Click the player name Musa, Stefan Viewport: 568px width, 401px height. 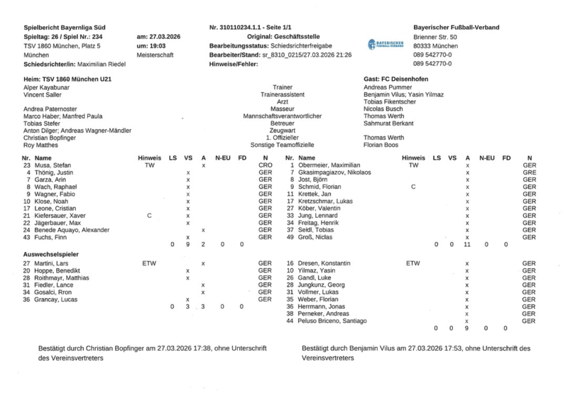tap(52, 165)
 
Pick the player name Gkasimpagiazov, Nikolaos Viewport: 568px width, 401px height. tap(334, 172)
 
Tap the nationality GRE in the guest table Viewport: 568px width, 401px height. tap(529, 172)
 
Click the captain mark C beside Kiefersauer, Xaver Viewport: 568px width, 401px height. tap(148, 215)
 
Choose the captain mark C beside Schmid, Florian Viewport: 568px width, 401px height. tap(413, 187)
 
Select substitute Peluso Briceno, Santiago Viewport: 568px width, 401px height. tap(333, 321)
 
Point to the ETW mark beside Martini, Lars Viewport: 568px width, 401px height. tap(149, 263)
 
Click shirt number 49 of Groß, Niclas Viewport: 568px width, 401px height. tap(290, 237)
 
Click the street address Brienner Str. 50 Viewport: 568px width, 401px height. tap(435, 37)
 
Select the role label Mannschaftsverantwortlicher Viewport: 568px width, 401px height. tap(283, 116)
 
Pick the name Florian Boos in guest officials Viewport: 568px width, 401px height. tap(381, 144)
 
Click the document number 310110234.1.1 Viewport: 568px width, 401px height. tap(253, 28)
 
